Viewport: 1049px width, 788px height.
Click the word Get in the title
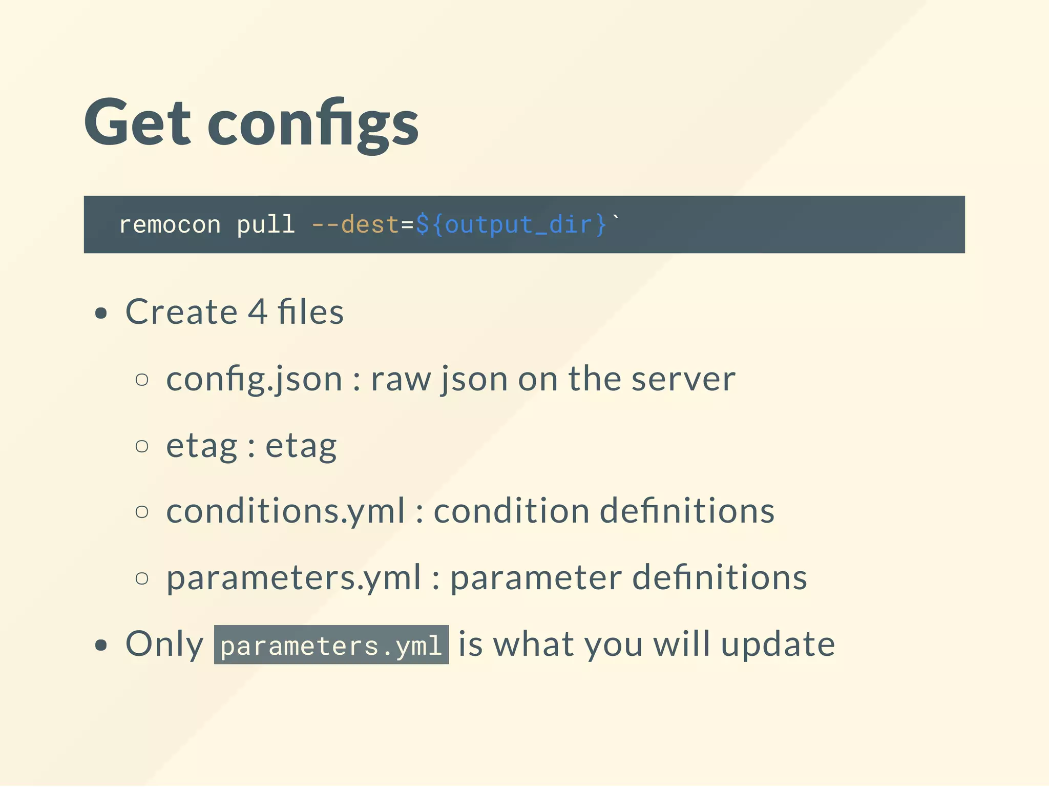tap(137, 123)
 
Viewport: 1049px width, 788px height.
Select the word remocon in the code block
tap(170, 225)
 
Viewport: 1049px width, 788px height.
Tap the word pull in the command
tap(265, 225)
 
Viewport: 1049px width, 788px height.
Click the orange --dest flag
tap(354, 225)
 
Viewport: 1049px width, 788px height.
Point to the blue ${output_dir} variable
tap(511, 225)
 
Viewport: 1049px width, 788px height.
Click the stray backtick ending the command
tap(616, 219)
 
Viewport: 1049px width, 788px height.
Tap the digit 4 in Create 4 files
tap(258, 312)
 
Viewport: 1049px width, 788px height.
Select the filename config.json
tap(254, 380)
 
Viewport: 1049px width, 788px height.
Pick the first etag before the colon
tap(202, 446)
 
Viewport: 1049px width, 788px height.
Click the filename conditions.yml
tap(285, 511)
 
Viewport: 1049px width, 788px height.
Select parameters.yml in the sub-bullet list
tap(293, 578)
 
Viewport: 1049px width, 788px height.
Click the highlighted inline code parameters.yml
tap(331, 645)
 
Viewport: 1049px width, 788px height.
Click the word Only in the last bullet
tap(164, 644)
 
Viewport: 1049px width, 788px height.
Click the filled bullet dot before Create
tap(101, 313)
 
